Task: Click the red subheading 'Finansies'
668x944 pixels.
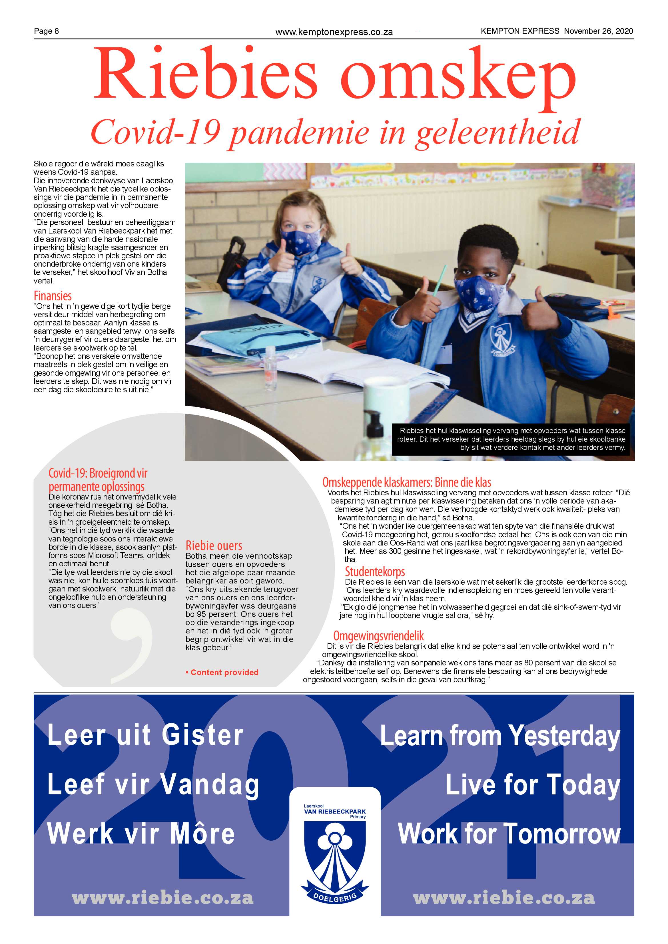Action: (53, 296)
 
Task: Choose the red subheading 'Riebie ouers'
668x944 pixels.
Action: (214, 546)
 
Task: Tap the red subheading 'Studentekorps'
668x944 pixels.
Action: (375, 571)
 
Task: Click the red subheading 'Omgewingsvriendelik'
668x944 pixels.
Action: (378, 636)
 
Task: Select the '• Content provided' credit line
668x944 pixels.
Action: (222, 672)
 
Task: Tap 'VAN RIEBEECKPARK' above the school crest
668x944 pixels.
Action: (335, 812)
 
